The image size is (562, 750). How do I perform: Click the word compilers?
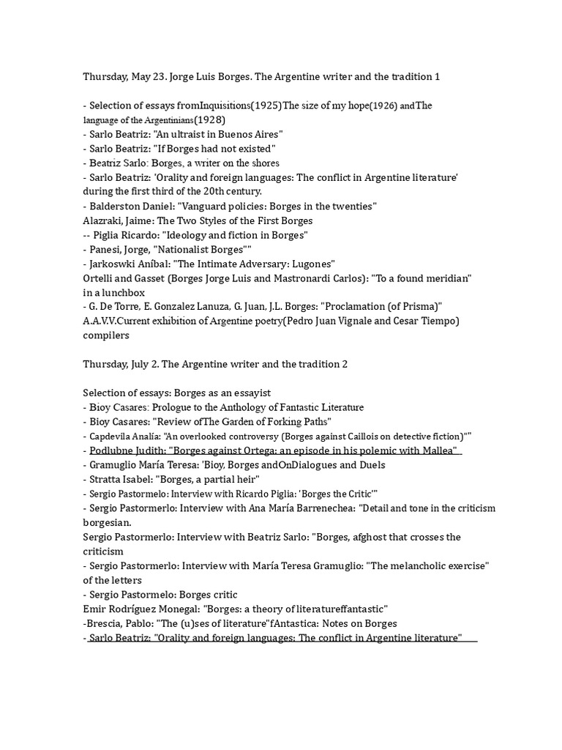tap(106, 335)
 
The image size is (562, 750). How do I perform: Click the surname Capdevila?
tap(108, 436)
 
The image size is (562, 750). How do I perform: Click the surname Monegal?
tap(173, 609)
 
